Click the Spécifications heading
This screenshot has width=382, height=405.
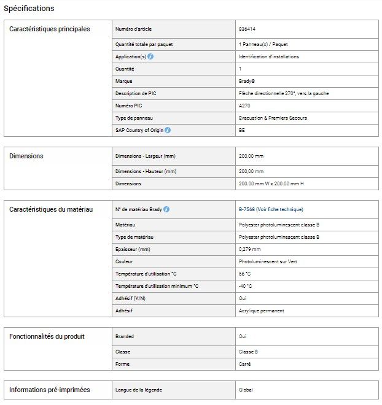[29, 9]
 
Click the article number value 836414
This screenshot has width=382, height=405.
[248, 29]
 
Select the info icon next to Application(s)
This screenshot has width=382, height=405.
[151, 56]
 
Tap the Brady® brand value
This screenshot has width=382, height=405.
[248, 81]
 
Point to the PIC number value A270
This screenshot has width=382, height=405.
[244, 106]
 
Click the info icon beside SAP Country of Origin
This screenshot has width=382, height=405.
[168, 130]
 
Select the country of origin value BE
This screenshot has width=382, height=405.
[241, 130]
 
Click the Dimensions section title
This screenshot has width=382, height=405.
[26, 156]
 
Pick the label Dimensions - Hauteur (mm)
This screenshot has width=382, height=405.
[146, 171]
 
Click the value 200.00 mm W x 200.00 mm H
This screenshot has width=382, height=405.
[271, 183]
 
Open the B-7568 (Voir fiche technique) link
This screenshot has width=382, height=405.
[271, 209]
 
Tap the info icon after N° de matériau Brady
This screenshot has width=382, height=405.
[166, 209]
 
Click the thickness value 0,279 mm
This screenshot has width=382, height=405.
[249, 249]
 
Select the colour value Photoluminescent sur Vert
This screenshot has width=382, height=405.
[267, 261]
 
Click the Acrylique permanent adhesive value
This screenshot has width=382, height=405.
[261, 310]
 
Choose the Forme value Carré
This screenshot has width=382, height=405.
[244, 364]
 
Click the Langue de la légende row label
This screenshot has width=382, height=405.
[139, 390]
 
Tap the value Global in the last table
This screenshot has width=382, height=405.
[246, 390]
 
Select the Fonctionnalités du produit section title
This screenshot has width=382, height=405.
[47, 336]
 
